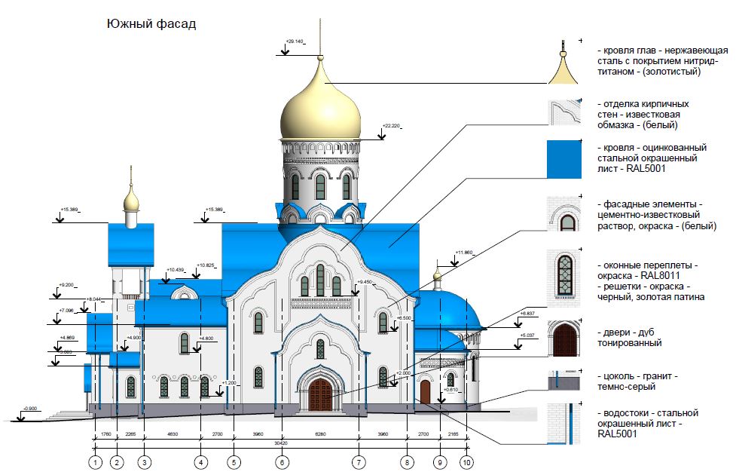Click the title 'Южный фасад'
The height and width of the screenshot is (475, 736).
point(151,24)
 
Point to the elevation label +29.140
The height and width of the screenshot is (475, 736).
point(295,41)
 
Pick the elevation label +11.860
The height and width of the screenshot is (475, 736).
point(465,253)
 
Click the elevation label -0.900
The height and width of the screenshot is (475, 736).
point(31,409)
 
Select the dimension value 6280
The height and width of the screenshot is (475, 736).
point(320,434)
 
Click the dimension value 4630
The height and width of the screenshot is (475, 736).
point(173,434)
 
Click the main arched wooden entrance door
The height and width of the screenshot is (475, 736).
point(320,394)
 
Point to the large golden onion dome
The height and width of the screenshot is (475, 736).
point(320,106)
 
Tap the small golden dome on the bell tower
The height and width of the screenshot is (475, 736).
point(132,200)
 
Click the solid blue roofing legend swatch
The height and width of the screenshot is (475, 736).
point(563,158)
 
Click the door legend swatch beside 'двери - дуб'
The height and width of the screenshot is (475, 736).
point(563,338)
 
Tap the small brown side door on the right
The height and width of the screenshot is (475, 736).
point(425,391)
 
